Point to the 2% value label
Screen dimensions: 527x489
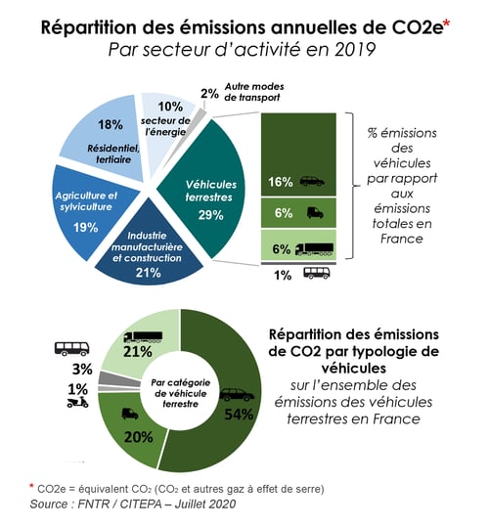tap(209, 95)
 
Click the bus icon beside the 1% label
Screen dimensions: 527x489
tap(316, 274)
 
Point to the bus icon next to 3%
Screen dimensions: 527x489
tap(70, 348)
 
